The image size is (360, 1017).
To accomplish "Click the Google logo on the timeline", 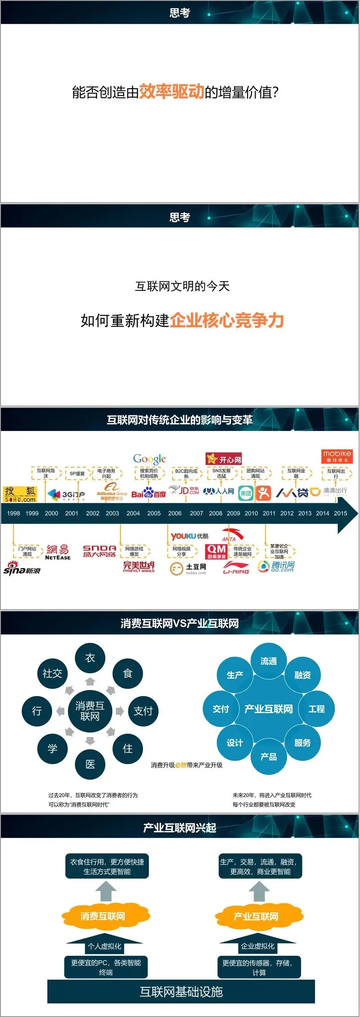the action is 149,459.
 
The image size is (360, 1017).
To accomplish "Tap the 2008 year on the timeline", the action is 216,513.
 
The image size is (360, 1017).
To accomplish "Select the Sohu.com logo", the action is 20,494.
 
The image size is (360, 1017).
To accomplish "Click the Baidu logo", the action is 148,493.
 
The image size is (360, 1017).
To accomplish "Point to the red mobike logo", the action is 337,456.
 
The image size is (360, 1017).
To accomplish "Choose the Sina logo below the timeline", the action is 22,569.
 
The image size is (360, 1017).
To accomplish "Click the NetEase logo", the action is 58,552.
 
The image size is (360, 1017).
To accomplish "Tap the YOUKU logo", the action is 189,536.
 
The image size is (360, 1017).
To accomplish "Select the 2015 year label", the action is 341,513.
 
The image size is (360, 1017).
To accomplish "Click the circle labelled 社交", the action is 52,673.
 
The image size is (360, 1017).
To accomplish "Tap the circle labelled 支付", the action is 143,711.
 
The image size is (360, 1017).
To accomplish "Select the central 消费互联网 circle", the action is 90,711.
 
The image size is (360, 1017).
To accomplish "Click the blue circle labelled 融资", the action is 302,675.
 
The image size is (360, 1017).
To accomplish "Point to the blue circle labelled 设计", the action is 234,743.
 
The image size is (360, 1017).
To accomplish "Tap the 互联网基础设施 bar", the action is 181,991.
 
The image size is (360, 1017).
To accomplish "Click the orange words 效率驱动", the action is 171,91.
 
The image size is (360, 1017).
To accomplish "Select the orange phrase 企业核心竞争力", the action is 227,320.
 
